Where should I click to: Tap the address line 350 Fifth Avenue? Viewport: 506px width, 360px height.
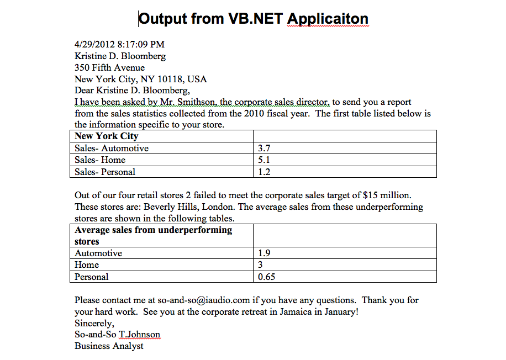[x=109, y=67]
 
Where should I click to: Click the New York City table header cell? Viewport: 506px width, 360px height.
[x=107, y=136]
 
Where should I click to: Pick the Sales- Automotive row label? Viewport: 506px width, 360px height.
[x=112, y=148]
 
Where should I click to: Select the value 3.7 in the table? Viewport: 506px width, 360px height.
[x=264, y=148]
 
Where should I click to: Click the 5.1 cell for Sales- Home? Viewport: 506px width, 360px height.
[x=264, y=160]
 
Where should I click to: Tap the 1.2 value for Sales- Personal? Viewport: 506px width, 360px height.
[x=264, y=172]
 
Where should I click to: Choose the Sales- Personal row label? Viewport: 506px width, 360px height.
[x=105, y=172]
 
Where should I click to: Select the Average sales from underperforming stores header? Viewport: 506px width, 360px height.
[x=154, y=235]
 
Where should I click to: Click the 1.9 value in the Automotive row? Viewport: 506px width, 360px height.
[x=264, y=253]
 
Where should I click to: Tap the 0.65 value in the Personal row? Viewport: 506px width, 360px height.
[x=267, y=277]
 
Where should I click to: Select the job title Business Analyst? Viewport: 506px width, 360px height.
[x=109, y=346]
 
